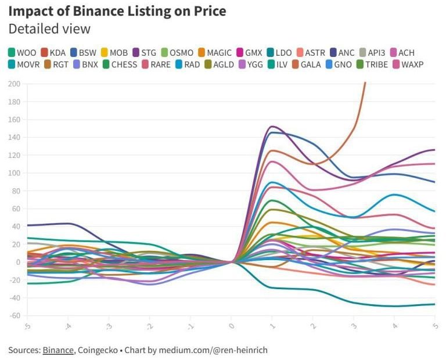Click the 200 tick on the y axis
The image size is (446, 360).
click(14, 84)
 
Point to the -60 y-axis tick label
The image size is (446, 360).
click(14, 316)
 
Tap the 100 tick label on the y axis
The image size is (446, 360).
click(14, 173)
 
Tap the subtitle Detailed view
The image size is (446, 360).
click(49, 28)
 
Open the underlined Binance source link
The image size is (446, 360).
click(58, 350)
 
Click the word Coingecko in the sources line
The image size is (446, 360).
click(99, 350)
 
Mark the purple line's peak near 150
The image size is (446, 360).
click(272, 127)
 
